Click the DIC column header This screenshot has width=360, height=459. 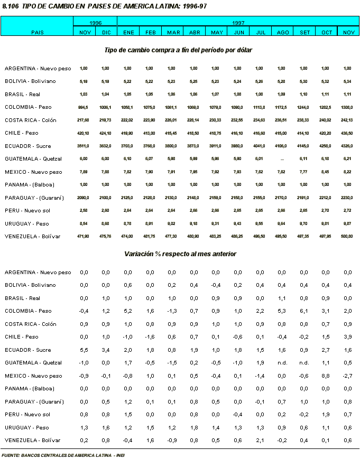point(106,33)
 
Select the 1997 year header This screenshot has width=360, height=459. point(238,24)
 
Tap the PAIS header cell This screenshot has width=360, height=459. point(37,33)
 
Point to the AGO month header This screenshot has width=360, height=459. point(283,33)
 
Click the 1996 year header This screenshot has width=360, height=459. point(95,24)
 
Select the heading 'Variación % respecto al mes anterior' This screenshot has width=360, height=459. point(180,254)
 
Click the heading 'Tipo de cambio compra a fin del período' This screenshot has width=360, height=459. point(169,50)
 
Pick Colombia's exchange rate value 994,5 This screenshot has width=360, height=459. point(84,107)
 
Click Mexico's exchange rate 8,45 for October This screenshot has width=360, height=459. point(327,172)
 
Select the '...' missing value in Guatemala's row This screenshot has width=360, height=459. point(282,159)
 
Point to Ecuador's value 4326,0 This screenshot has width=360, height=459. point(347,146)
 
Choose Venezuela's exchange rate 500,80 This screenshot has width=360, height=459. point(347,237)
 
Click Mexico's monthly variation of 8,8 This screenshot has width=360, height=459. point(327,376)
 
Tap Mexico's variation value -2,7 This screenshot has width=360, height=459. point(347,376)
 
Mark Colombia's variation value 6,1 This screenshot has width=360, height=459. point(305,311)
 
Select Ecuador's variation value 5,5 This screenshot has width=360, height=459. point(84,350)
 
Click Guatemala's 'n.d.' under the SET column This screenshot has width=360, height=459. point(305,363)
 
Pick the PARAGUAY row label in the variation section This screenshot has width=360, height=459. point(34,401)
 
